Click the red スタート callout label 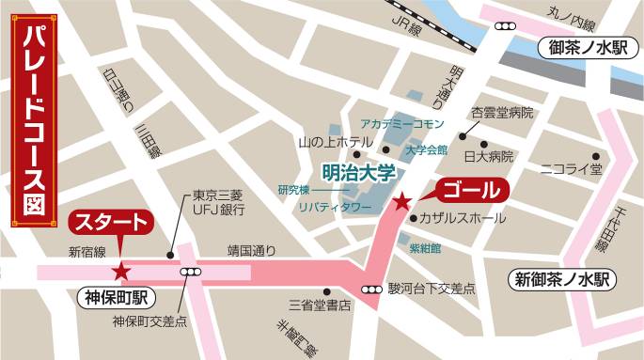(110, 224)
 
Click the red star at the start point (121, 272)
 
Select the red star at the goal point (402, 201)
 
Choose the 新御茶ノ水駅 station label (562, 278)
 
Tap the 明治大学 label (358, 173)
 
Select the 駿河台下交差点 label (432, 289)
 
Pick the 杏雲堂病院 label (503, 113)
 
